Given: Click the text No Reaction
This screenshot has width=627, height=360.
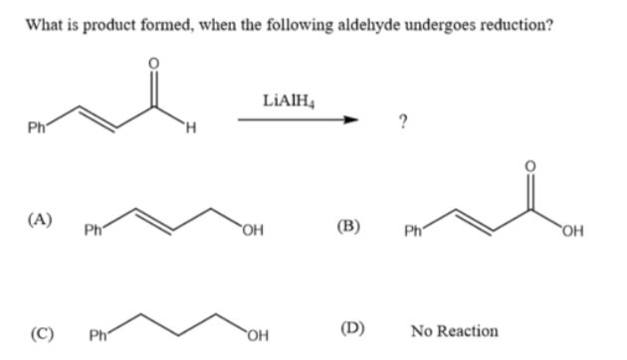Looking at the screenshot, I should click(x=454, y=330).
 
